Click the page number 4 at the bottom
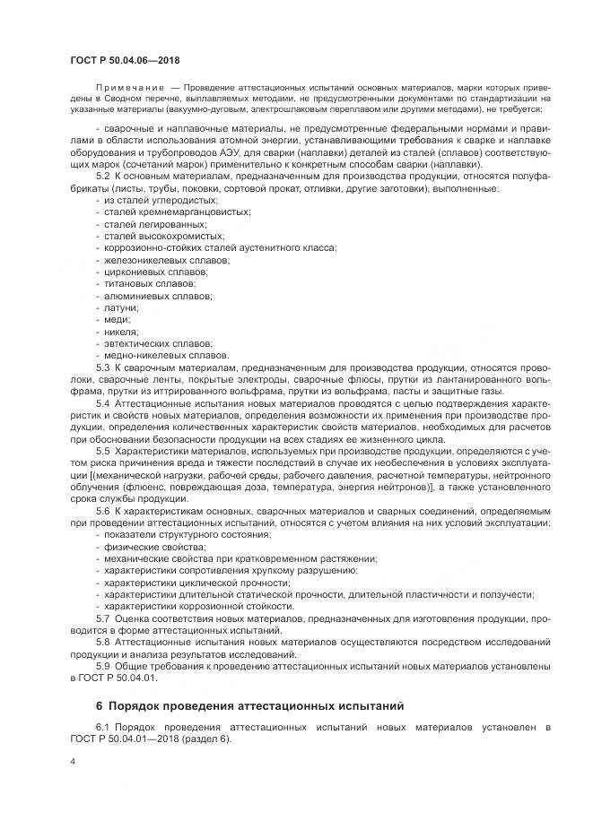[x=72, y=761]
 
